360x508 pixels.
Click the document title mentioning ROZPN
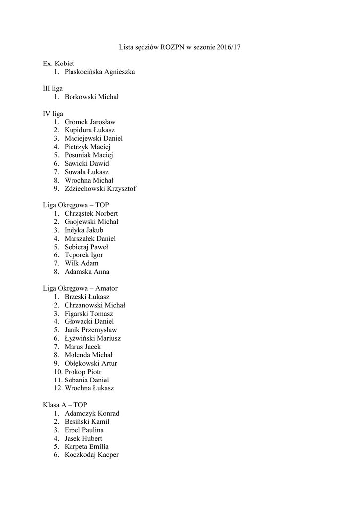click(x=180, y=47)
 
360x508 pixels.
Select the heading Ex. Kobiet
click(x=59, y=63)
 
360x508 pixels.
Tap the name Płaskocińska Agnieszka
click(x=99, y=72)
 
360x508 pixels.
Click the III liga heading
click(x=53, y=88)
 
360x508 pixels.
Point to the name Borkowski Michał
click(x=91, y=97)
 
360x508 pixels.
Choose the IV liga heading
click(x=53, y=113)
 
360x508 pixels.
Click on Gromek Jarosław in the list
click(x=89, y=122)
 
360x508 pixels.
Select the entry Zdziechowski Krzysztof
click(x=100, y=188)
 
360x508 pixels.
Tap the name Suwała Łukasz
click(x=86, y=172)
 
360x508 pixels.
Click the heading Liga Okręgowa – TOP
click(x=76, y=205)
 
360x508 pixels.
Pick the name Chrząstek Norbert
click(x=91, y=213)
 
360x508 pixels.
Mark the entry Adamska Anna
click(x=87, y=271)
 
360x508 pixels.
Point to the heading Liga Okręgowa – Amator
click(x=80, y=288)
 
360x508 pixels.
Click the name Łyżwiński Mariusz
click(x=92, y=338)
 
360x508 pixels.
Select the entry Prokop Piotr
click(x=83, y=372)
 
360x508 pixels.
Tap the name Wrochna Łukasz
click(x=89, y=388)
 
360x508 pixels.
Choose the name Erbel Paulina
click(x=84, y=430)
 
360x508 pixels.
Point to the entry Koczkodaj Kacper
click(x=91, y=454)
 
